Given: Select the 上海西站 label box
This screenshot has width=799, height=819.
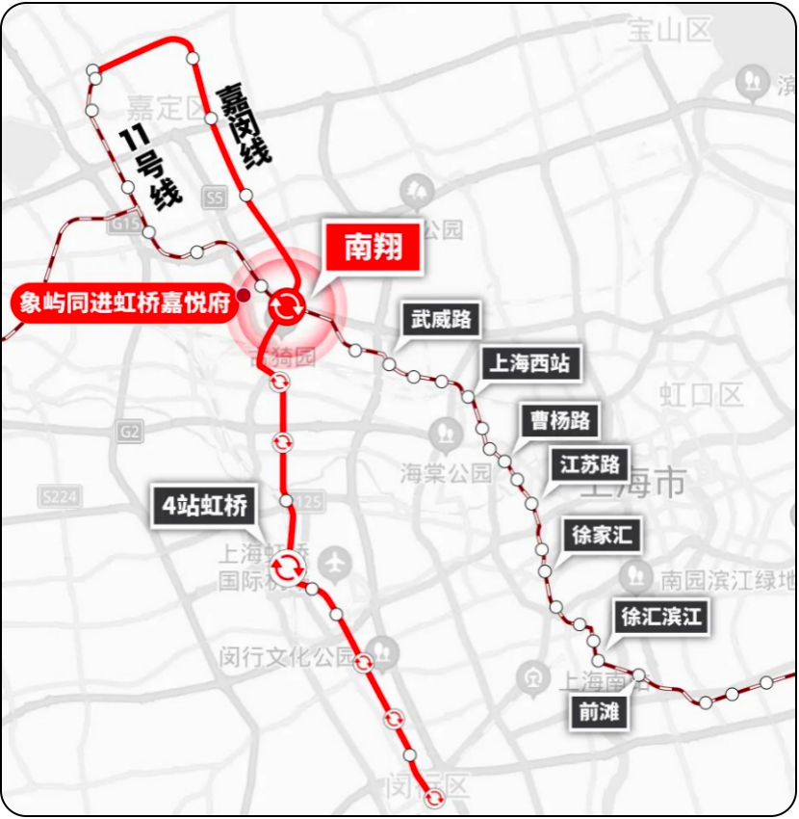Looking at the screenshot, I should tap(529, 363).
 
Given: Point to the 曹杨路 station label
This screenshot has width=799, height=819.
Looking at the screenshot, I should tap(560, 420).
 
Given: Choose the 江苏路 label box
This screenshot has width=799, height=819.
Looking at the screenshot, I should tap(589, 463).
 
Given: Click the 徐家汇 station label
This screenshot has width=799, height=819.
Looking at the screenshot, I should tap(602, 534).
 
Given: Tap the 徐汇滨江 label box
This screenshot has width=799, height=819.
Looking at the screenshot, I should tap(661, 617).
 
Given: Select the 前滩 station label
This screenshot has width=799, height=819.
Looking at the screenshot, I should tap(598, 713).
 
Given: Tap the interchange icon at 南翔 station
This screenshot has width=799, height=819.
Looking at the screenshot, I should tap(286, 306).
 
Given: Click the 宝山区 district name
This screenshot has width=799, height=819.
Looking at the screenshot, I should tap(669, 31).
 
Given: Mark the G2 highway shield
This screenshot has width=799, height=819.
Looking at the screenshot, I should tap(131, 433).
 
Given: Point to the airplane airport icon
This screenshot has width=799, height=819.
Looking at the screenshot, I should tap(335, 559).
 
